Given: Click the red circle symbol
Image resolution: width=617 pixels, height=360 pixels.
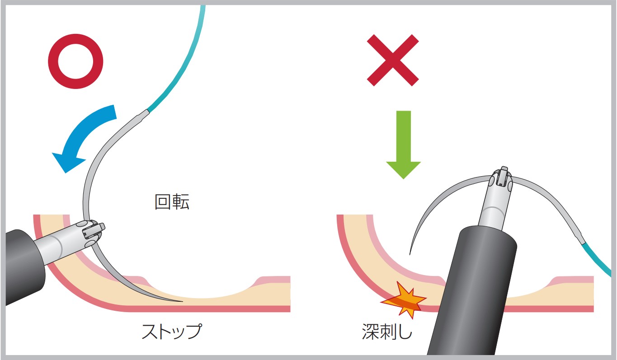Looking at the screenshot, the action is coord(75,61).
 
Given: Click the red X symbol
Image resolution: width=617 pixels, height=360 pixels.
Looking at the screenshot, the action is coord(393,60).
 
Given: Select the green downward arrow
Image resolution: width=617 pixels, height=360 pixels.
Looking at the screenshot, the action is coord(404,145).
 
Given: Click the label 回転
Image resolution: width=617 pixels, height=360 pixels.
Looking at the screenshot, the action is coord(172,202).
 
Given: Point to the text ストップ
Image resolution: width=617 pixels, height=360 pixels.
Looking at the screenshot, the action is coord(172,331).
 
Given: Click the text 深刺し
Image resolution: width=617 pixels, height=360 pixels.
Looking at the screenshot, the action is coord(387,332).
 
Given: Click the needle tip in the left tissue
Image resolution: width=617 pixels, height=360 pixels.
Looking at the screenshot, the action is coord(182,301).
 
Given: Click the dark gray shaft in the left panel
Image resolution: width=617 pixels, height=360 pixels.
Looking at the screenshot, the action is coord(24,267).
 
